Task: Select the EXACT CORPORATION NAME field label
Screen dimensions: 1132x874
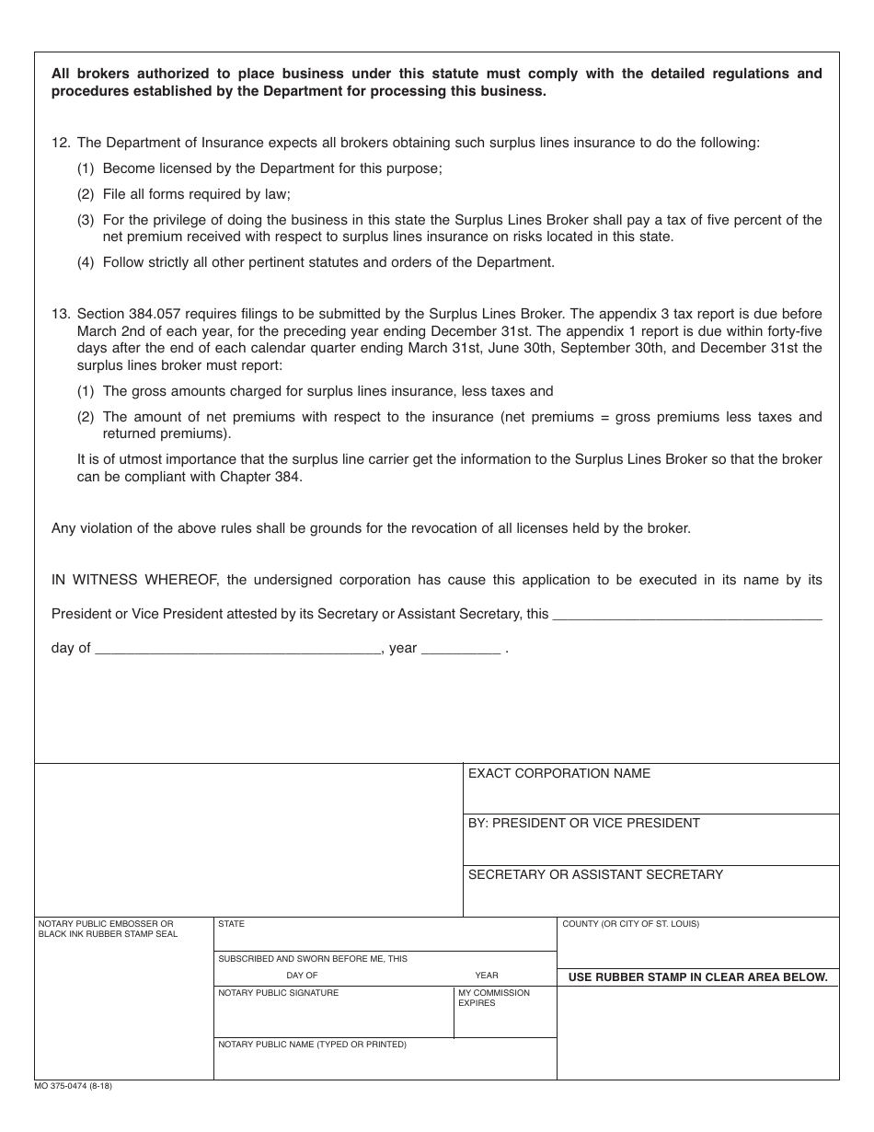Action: (x=558, y=774)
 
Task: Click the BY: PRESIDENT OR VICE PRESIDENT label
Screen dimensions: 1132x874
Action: (x=583, y=824)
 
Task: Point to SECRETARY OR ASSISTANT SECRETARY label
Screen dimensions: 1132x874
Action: (x=595, y=875)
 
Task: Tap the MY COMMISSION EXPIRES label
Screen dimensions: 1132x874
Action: (x=494, y=998)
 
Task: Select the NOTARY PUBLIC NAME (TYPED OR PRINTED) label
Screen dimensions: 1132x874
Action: (x=312, y=1045)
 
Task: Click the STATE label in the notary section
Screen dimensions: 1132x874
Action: (x=231, y=924)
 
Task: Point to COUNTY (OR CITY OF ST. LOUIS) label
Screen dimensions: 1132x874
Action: (x=630, y=924)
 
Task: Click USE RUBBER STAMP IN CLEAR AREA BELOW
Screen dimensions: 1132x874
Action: (x=697, y=977)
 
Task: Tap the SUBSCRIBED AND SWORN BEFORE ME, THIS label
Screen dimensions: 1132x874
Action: (x=312, y=959)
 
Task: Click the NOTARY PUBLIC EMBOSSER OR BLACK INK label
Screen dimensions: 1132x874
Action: (x=107, y=929)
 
